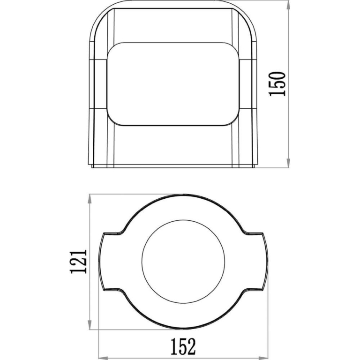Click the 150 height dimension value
277,84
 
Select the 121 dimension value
79,261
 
